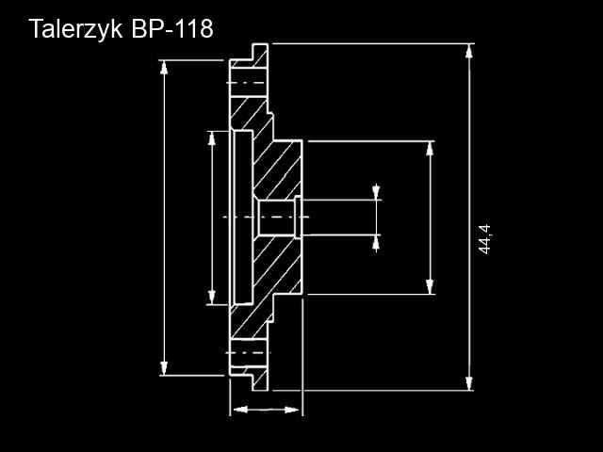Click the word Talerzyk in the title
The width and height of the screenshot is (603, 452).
click(x=75, y=29)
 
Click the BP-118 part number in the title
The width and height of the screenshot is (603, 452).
click(x=172, y=28)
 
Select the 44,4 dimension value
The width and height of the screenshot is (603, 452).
click(x=485, y=239)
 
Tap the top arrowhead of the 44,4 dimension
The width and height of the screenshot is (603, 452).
click(x=469, y=52)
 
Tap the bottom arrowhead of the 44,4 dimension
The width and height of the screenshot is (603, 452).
click(x=469, y=383)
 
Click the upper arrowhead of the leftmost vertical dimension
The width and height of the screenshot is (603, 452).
click(x=164, y=68)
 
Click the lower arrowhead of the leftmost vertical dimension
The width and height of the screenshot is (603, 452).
click(x=164, y=368)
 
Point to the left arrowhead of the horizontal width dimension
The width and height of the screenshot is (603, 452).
click(x=241, y=410)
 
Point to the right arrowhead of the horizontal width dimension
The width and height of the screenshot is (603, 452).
click(x=291, y=410)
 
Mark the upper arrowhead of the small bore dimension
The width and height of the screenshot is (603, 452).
click(x=376, y=192)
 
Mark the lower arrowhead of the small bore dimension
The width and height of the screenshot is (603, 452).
click(x=376, y=243)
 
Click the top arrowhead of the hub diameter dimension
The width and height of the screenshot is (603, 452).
click(x=430, y=149)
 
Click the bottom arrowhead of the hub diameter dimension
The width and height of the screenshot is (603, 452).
click(x=430, y=286)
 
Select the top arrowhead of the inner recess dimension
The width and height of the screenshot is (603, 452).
click(x=211, y=138)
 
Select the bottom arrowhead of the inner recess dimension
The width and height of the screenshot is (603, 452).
click(x=211, y=298)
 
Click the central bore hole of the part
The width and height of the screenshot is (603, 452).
click(x=276, y=218)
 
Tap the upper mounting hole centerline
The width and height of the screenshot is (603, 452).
click(x=246, y=83)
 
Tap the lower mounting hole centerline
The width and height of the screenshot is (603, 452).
click(x=248, y=352)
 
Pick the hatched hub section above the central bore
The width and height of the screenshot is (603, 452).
click(x=277, y=169)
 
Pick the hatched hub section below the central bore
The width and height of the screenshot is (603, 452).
click(x=277, y=266)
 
